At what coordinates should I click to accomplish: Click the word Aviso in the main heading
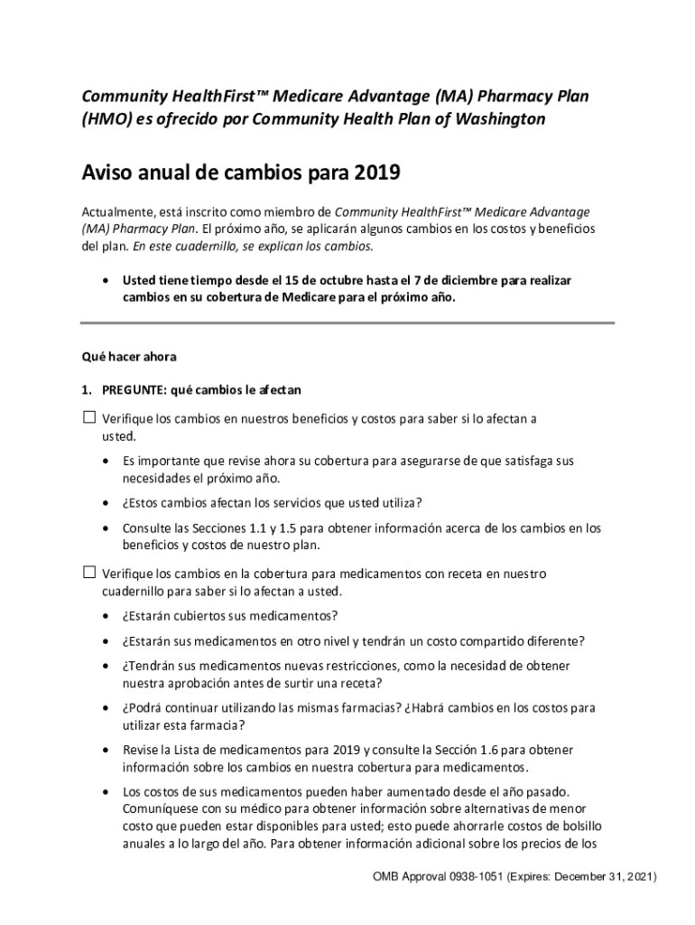pos(107,172)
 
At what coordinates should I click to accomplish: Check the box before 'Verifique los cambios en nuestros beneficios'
pos(88,417)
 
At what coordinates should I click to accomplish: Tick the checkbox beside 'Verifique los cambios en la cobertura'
pos(88,573)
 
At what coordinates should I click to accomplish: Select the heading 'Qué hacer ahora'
pos(129,356)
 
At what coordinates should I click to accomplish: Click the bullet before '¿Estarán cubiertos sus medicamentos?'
pos(107,616)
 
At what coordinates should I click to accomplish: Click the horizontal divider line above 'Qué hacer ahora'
pos(347,322)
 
